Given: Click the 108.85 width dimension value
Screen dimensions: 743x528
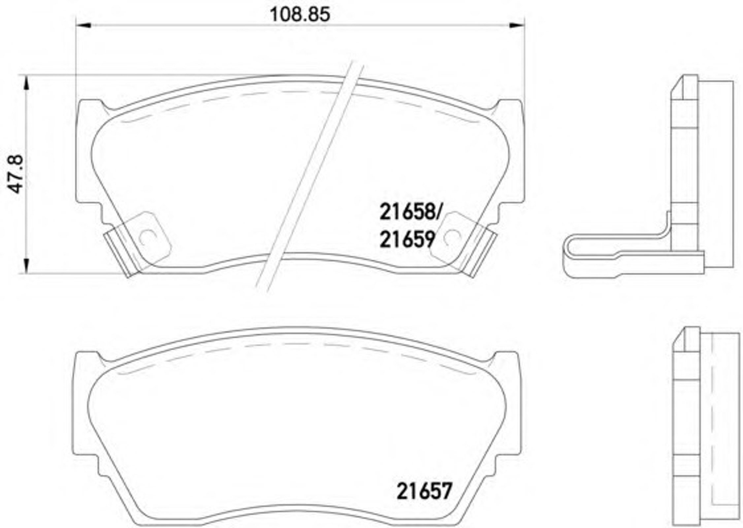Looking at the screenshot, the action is (x=300, y=15).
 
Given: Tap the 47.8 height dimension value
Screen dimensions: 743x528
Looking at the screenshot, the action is (x=16, y=174).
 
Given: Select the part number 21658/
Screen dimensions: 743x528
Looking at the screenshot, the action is (x=409, y=212).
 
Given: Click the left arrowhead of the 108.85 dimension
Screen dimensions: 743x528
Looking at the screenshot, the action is (x=83, y=25).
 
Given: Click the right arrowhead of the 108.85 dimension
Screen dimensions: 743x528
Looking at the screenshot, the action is (x=517, y=25).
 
